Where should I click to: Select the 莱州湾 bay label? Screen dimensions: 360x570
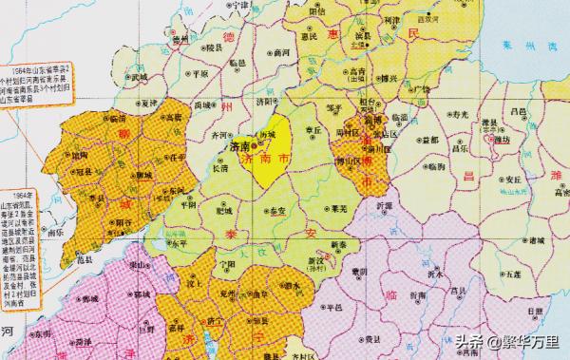[x=533, y=45]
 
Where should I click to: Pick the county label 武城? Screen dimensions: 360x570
[x=139, y=76]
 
